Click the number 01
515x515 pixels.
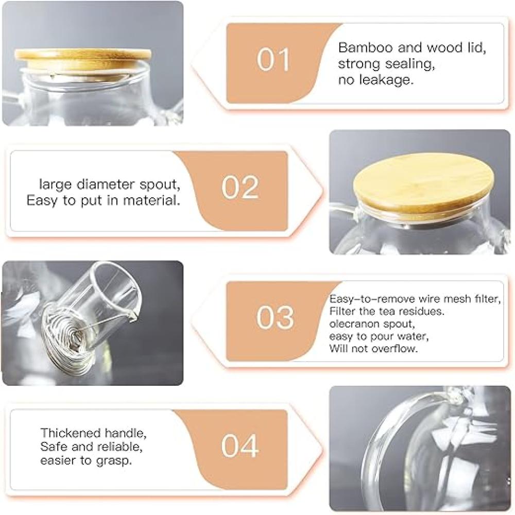(x=273, y=59)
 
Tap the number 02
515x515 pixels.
(x=241, y=187)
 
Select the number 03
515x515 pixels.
(x=275, y=317)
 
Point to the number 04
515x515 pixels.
(x=240, y=445)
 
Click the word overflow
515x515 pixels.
(x=395, y=349)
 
